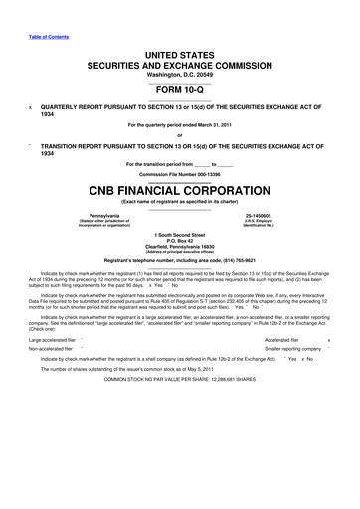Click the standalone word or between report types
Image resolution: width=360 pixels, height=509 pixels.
pyautogui.click(x=180, y=136)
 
